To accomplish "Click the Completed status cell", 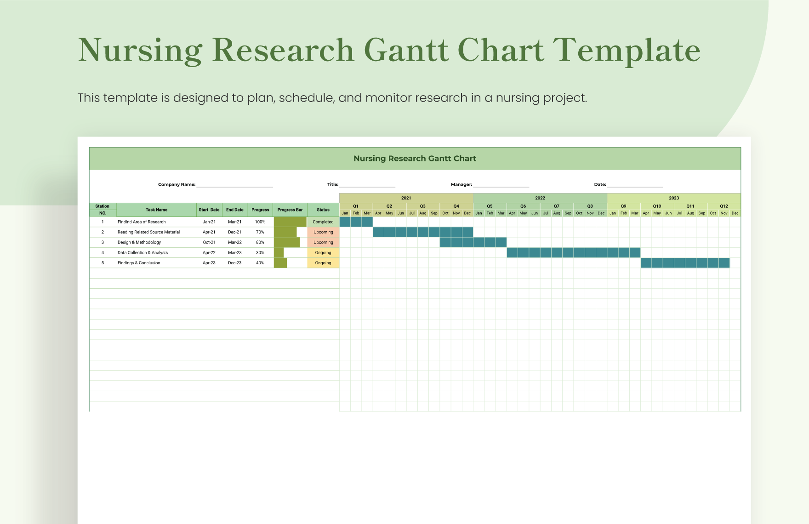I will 323,222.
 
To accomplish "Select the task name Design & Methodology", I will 139,242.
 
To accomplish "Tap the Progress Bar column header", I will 290,210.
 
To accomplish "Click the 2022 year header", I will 540,198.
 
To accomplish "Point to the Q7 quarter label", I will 557,206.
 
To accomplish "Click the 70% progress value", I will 260,232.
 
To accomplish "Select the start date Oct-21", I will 209,242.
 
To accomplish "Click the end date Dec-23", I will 235,263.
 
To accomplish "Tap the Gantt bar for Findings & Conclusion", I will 685,263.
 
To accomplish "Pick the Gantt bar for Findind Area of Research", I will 356,222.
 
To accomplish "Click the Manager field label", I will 461,184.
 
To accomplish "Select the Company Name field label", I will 177,184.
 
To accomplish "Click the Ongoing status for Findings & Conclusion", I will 323,263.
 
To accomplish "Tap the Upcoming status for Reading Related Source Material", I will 323,232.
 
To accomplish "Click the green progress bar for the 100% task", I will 290,222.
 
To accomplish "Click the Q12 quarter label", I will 724,206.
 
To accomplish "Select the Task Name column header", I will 157,210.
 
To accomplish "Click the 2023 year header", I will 674,198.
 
